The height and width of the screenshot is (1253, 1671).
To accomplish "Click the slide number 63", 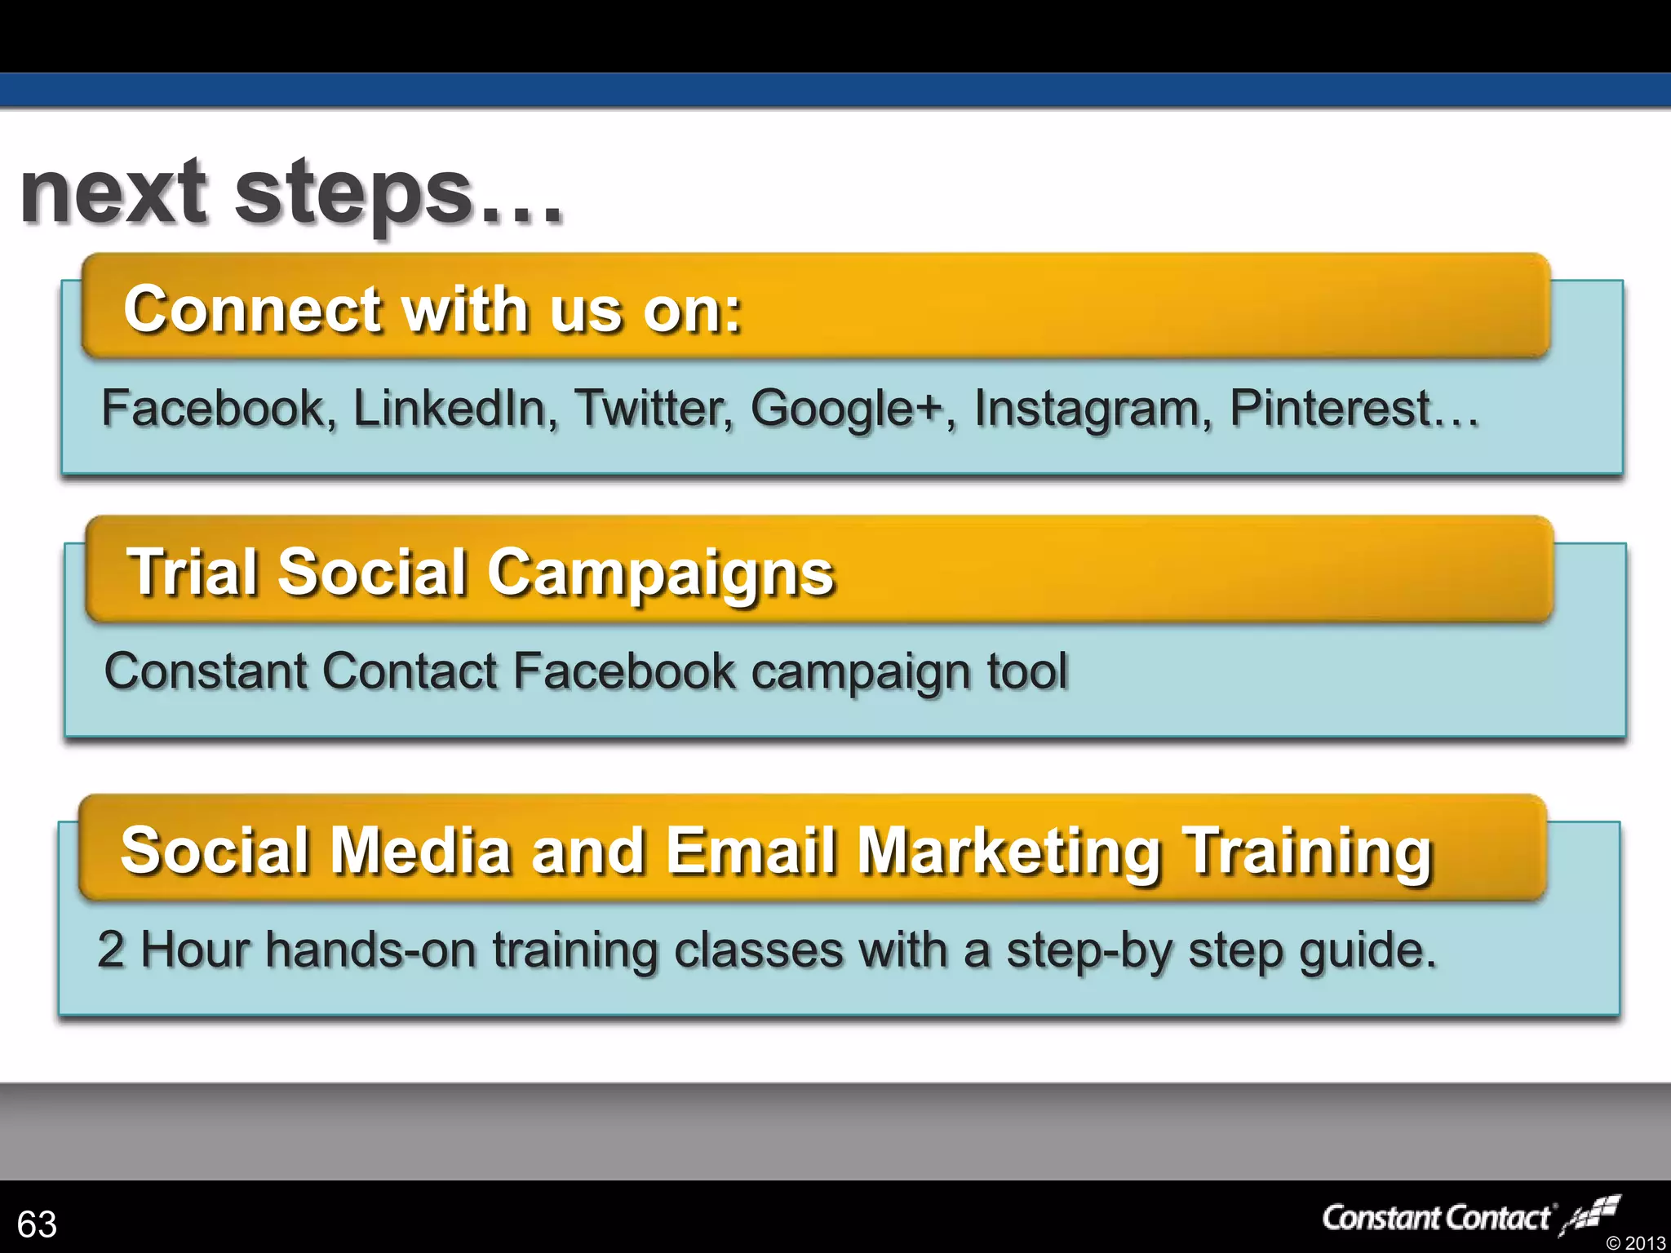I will [x=37, y=1224].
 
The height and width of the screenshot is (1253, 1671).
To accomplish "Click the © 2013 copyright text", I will [x=1635, y=1242].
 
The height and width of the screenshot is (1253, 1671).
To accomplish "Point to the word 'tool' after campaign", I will [x=1026, y=671].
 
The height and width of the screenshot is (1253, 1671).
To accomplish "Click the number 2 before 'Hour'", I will [x=111, y=950].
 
